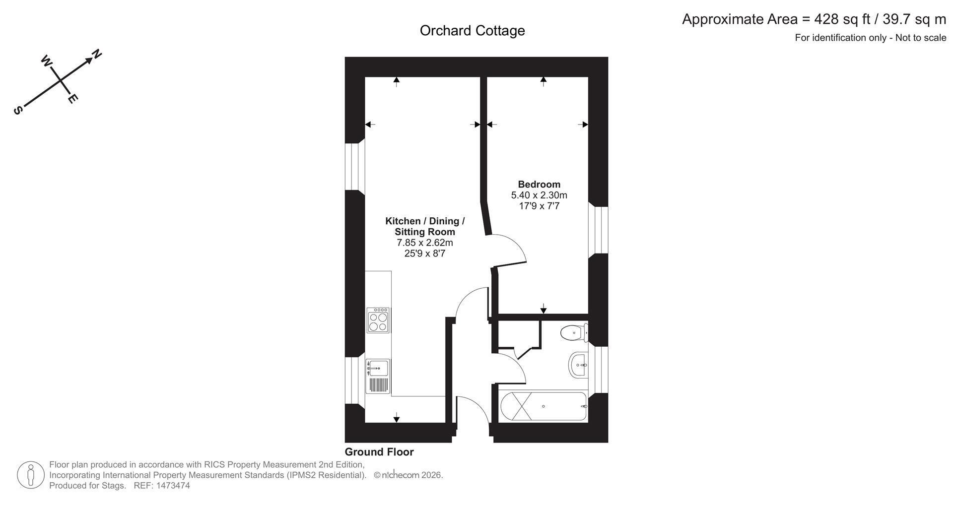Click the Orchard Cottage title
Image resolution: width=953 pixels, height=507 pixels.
pos(472,31)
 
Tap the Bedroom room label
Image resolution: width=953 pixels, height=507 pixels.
pos(539,184)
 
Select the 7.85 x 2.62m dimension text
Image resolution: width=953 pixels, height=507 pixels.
pos(425,243)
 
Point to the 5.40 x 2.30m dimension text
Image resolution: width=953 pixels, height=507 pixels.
pos(539,195)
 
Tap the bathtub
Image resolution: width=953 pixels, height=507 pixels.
pos(544,406)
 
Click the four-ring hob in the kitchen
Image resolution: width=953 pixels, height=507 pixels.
pos(378,320)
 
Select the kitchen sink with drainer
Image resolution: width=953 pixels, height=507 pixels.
pos(378,376)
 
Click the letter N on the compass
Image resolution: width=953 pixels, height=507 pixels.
pos(97,53)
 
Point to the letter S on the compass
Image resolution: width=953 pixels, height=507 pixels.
pos(18,111)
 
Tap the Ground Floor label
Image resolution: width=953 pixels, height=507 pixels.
pos(379,452)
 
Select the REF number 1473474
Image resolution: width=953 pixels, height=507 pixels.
pos(173,486)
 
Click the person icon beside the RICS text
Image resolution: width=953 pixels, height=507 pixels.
pos(31,475)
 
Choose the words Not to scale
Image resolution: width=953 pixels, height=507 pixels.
pos(921,38)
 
